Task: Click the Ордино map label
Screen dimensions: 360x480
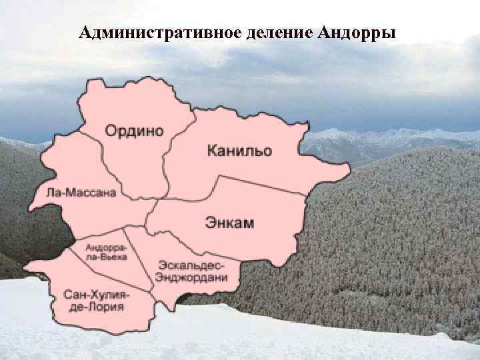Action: point(134,131)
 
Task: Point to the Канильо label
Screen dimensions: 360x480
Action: point(239,151)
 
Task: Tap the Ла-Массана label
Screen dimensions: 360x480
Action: point(81,193)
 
